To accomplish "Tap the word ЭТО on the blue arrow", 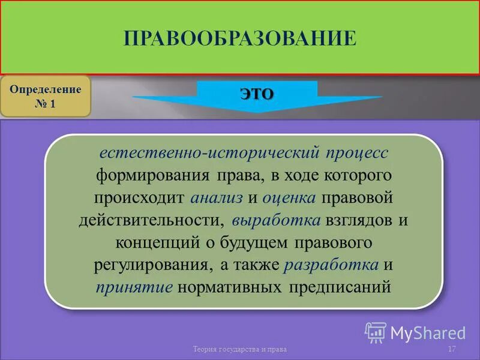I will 257,94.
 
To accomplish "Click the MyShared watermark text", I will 428,333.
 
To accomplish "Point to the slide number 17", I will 452,349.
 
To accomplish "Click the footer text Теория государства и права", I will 240,349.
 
